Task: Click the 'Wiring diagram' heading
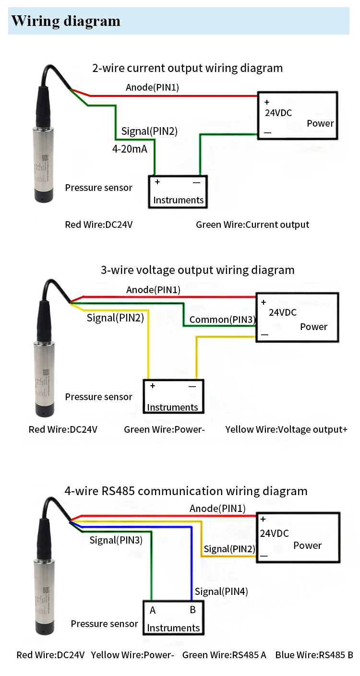tap(66, 21)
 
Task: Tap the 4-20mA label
tap(130, 149)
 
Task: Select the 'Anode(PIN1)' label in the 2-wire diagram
tap(152, 87)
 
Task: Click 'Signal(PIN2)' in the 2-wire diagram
tap(149, 131)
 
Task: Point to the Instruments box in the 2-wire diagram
tap(178, 191)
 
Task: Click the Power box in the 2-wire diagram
tap(298, 116)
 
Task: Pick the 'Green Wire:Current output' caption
tap(252, 225)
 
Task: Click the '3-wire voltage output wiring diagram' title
tap(197, 270)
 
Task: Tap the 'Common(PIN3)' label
tap(222, 320)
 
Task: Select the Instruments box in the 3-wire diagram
tap(172, 397)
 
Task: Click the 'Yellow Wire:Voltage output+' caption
tap(286, 429)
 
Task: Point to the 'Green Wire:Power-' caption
tap(164, 429)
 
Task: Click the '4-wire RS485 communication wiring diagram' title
tap(186, 491)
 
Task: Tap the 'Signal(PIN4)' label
tap(221, 592)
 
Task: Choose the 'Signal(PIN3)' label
tap(116, 540)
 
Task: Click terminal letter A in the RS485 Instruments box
tap(153, 610)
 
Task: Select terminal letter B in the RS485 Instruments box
tap(192, 610)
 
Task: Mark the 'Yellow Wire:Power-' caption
tap(132, 655)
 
